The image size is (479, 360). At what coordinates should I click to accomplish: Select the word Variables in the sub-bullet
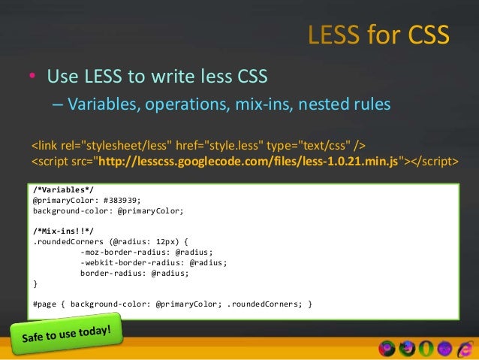click(x=100, y=104)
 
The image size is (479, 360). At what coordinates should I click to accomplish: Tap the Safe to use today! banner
click(x=67, y=334)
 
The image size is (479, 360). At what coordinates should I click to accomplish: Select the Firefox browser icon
click(x=408, y=349)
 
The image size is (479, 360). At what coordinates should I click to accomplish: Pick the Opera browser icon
click(x=426, y=349)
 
